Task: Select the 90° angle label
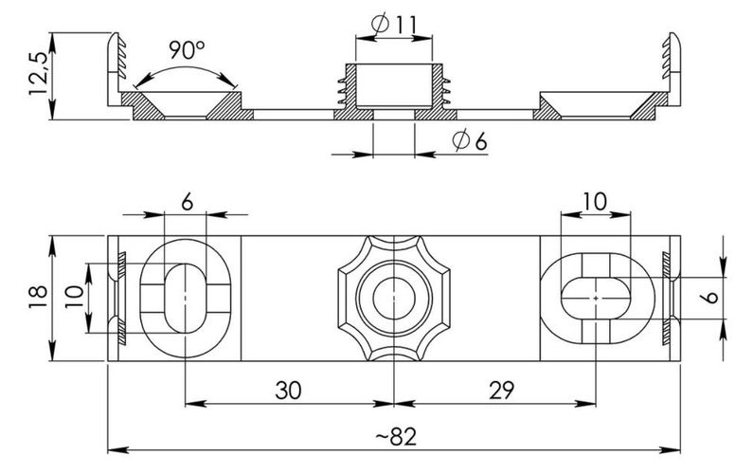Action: (x=187, y=50)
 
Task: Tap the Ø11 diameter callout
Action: (x=394, y=24)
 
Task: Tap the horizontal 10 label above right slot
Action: (x=594, y=201)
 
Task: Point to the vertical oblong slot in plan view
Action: (x=185, y=298)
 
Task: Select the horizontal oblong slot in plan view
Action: (x=595, y=298)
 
